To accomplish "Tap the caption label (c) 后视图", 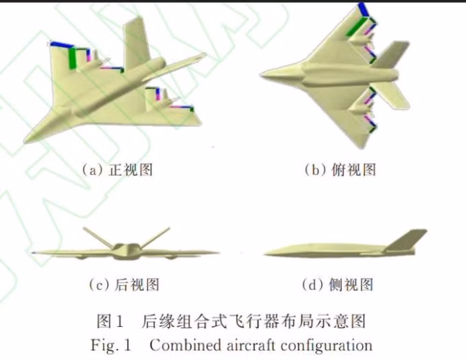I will click(x=124, y=284).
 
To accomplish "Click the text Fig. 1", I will click(x=111, y=346).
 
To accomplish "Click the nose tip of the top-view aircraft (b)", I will click(x=262, y=74).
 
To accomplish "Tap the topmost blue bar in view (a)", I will click(x=62, y=44).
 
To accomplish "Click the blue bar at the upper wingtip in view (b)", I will click(x=364, y=10).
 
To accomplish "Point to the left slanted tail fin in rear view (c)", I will click(x=97, y=237).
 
